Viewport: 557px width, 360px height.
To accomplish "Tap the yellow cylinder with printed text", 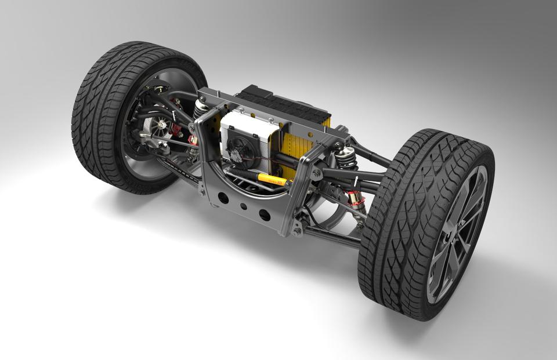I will tap(272, 179).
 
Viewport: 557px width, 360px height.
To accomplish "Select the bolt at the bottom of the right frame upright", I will tap(298, 232).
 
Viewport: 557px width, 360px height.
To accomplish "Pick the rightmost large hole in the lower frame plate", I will tap(265, 215).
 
